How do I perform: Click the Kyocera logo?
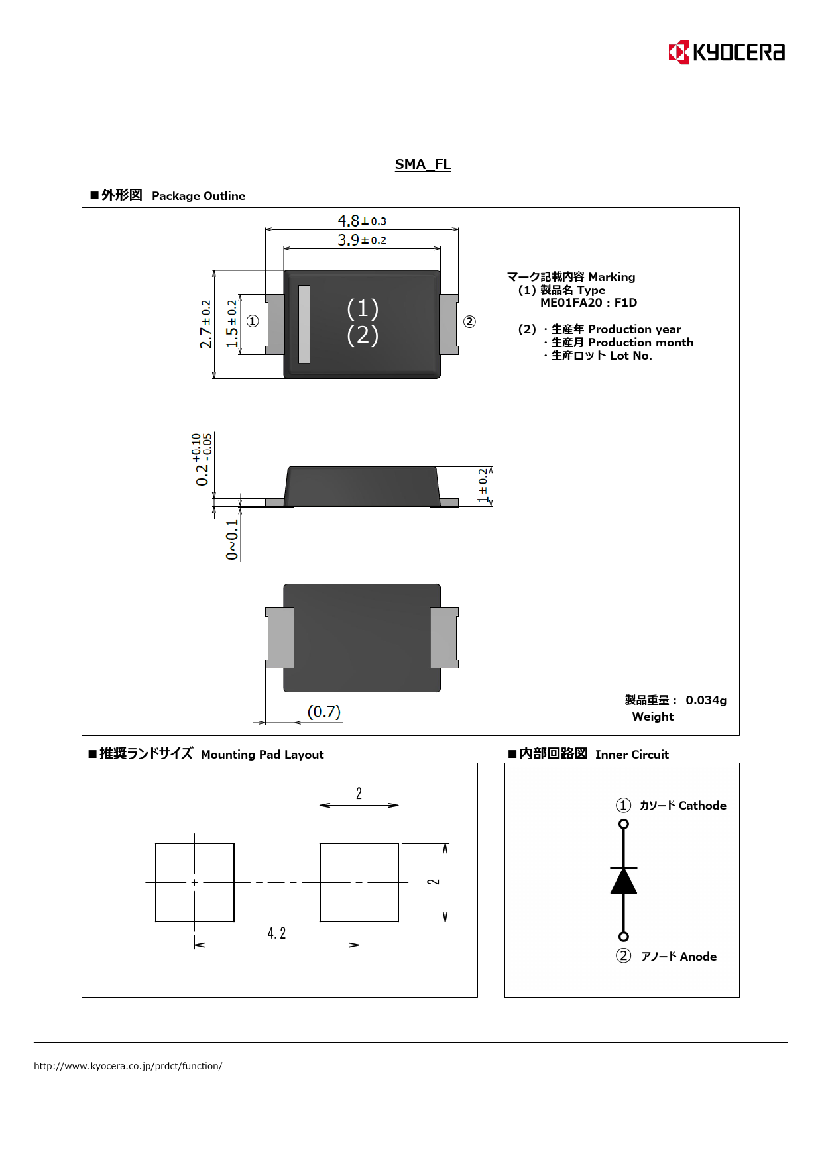pos(727,52)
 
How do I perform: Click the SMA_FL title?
pos(423,164)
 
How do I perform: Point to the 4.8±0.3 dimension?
pos(362,221)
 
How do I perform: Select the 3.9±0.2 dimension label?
pos(362,240)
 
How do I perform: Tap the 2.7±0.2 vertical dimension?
pos(206,324)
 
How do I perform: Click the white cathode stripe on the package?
pos(304,324)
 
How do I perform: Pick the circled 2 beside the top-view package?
pos(469,322)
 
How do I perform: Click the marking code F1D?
pos(626,303)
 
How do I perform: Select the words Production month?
pos(641,343)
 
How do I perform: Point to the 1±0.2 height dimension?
pos(483,486)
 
